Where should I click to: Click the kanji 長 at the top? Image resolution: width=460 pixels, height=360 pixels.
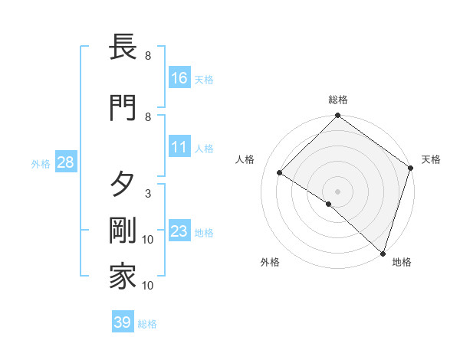coord(123,48)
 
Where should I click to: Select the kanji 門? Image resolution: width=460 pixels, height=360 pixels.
coord(123,108)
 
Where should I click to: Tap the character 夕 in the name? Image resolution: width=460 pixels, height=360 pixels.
coord(123,185)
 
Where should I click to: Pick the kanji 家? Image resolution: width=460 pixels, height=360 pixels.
coord(123,277)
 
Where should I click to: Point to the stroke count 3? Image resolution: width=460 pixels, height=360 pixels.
coord(148,193)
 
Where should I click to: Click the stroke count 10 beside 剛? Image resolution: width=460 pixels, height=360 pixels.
coord(148,240)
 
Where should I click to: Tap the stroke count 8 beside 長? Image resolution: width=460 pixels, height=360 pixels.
coord(148,56)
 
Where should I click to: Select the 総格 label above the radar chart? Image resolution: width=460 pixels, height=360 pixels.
coord(338,100)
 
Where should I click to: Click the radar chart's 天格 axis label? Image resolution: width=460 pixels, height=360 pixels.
coord(431,159)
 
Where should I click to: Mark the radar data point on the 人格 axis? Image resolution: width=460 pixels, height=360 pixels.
coord(281,172)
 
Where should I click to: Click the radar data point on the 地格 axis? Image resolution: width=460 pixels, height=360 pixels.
coord(383,252)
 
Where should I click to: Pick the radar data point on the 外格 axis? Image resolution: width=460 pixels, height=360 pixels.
coord(328,204)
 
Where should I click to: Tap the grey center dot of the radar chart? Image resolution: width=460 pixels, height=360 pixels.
coord(338,191)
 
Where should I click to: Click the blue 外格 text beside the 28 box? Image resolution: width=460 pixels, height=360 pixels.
coord(41,163)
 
